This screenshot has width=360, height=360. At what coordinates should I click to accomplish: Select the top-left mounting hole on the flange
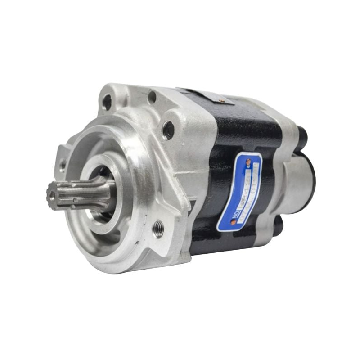[x=107, y=102]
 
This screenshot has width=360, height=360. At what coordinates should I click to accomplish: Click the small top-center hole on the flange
[x=152, y=97]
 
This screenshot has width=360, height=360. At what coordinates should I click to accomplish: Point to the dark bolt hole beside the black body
[x=168, y=130]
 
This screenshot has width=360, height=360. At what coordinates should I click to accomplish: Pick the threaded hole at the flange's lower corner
[x=158, y=229]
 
